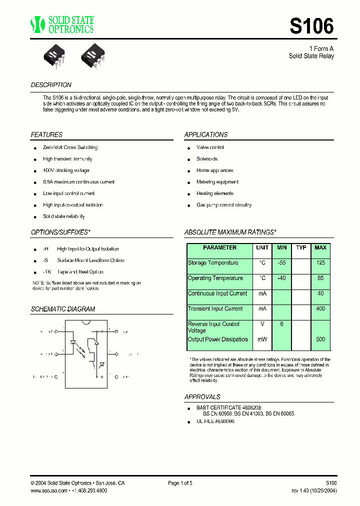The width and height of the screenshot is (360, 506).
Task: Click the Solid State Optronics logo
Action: tap(61, 24)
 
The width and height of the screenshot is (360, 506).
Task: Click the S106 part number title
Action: tap(311, 25)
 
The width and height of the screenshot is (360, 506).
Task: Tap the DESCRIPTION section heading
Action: tap(51, 85)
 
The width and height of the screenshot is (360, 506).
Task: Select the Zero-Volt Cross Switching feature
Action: tap(70, 147)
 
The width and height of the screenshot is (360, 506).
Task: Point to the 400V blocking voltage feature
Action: tap(66, 170)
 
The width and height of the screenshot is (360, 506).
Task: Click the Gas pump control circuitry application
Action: tap(223, 205)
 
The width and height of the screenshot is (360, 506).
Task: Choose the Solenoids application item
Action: tap(207, 159)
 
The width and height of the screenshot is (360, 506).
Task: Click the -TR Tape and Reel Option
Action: tap(73, 272)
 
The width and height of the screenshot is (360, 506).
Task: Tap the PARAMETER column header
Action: tap(220, 247)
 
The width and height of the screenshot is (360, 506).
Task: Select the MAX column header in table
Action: tap(320, 247)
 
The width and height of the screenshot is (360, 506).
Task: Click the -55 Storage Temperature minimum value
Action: tap(281, 263)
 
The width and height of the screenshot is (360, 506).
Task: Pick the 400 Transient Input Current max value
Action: tap(320, 309)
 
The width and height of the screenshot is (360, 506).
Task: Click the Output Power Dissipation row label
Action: tap(217, 339)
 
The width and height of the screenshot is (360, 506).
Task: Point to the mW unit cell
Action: tap(262, 339)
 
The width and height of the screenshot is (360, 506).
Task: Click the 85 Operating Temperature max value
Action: tap(320, 278)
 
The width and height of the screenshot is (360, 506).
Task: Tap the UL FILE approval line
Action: tap(215, 421)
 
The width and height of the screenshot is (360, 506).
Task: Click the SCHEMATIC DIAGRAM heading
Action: tap(63, 309)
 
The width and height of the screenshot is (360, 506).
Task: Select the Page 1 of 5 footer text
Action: tap(180, 483)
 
